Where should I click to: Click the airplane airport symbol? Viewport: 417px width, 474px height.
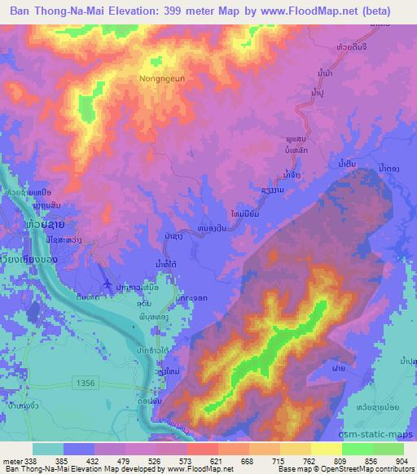tap(108, 283)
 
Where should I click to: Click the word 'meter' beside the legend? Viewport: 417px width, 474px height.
tap(10, 460)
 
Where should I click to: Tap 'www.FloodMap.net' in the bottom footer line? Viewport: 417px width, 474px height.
tap(196, 470)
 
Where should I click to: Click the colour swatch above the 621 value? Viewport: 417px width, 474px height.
tap(200, 449)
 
